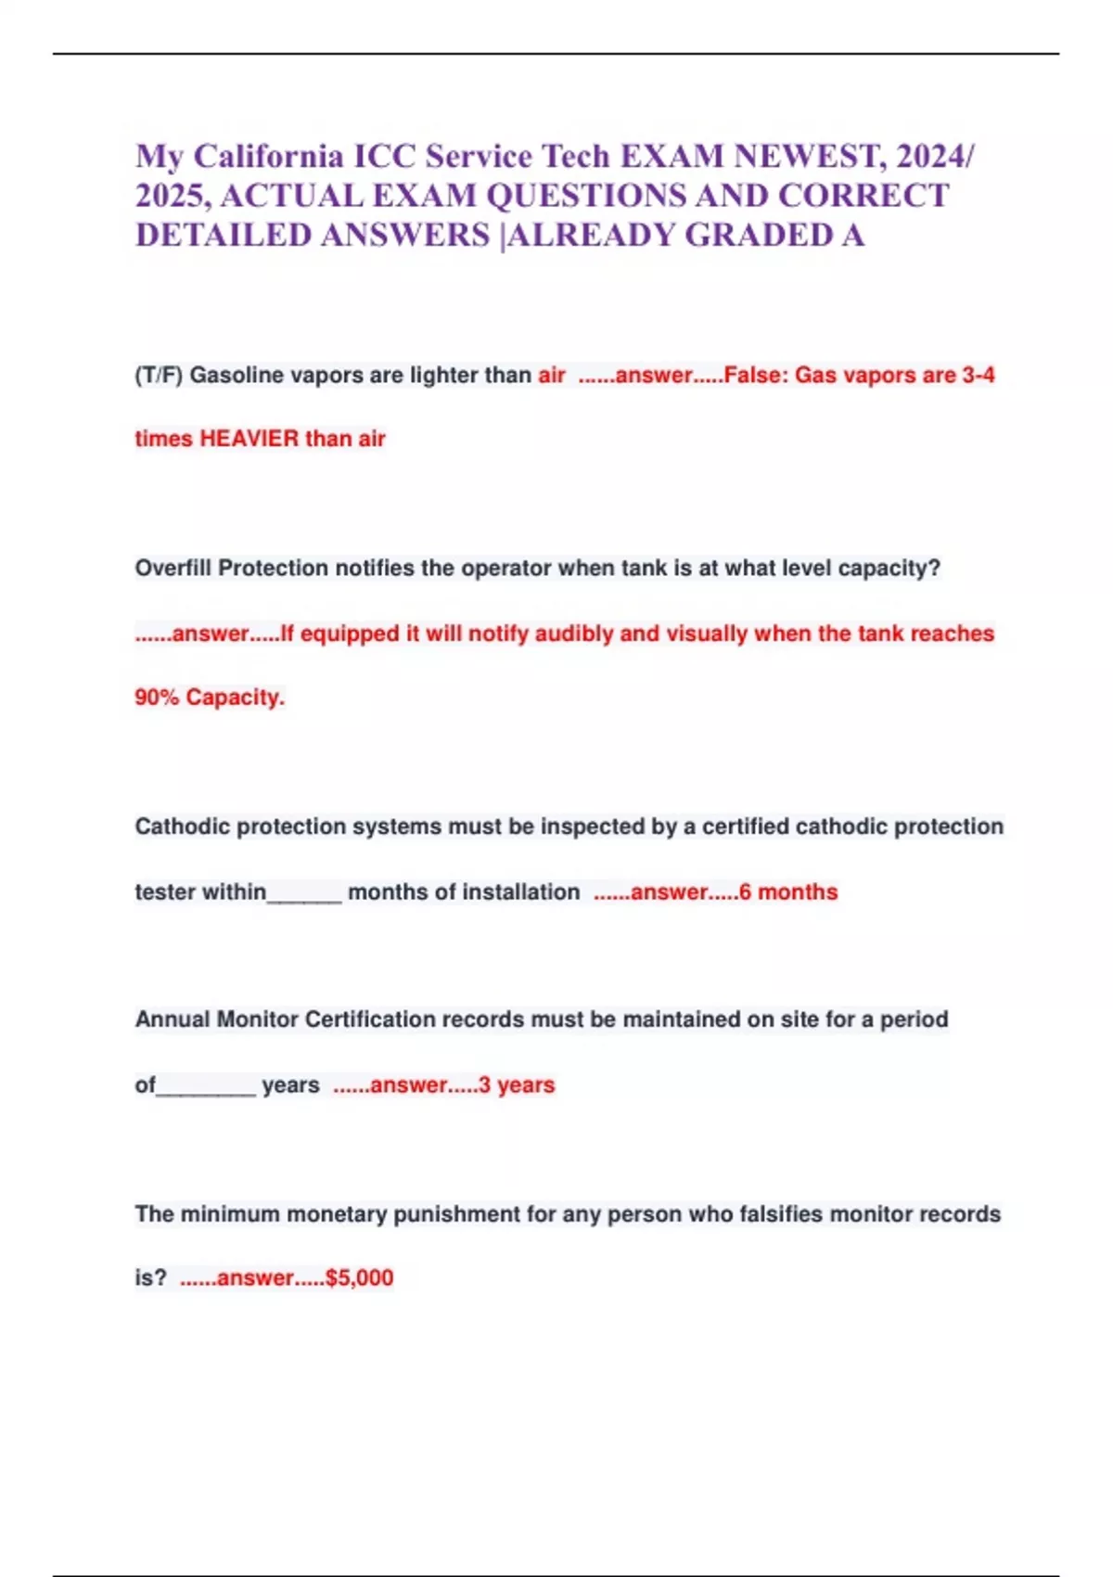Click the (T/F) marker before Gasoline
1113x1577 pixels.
coord(159,376)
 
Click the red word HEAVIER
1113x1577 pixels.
coord(249,439)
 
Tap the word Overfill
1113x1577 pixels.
coord(173,569)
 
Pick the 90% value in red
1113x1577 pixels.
coord(157,698)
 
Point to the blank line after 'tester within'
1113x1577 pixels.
coord(304,894)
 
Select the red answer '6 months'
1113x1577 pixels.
coord(788,892)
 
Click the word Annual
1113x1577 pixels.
coord(173,1019)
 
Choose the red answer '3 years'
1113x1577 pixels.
coord(517,1085)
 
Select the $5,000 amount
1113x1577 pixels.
coord(360,1278)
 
